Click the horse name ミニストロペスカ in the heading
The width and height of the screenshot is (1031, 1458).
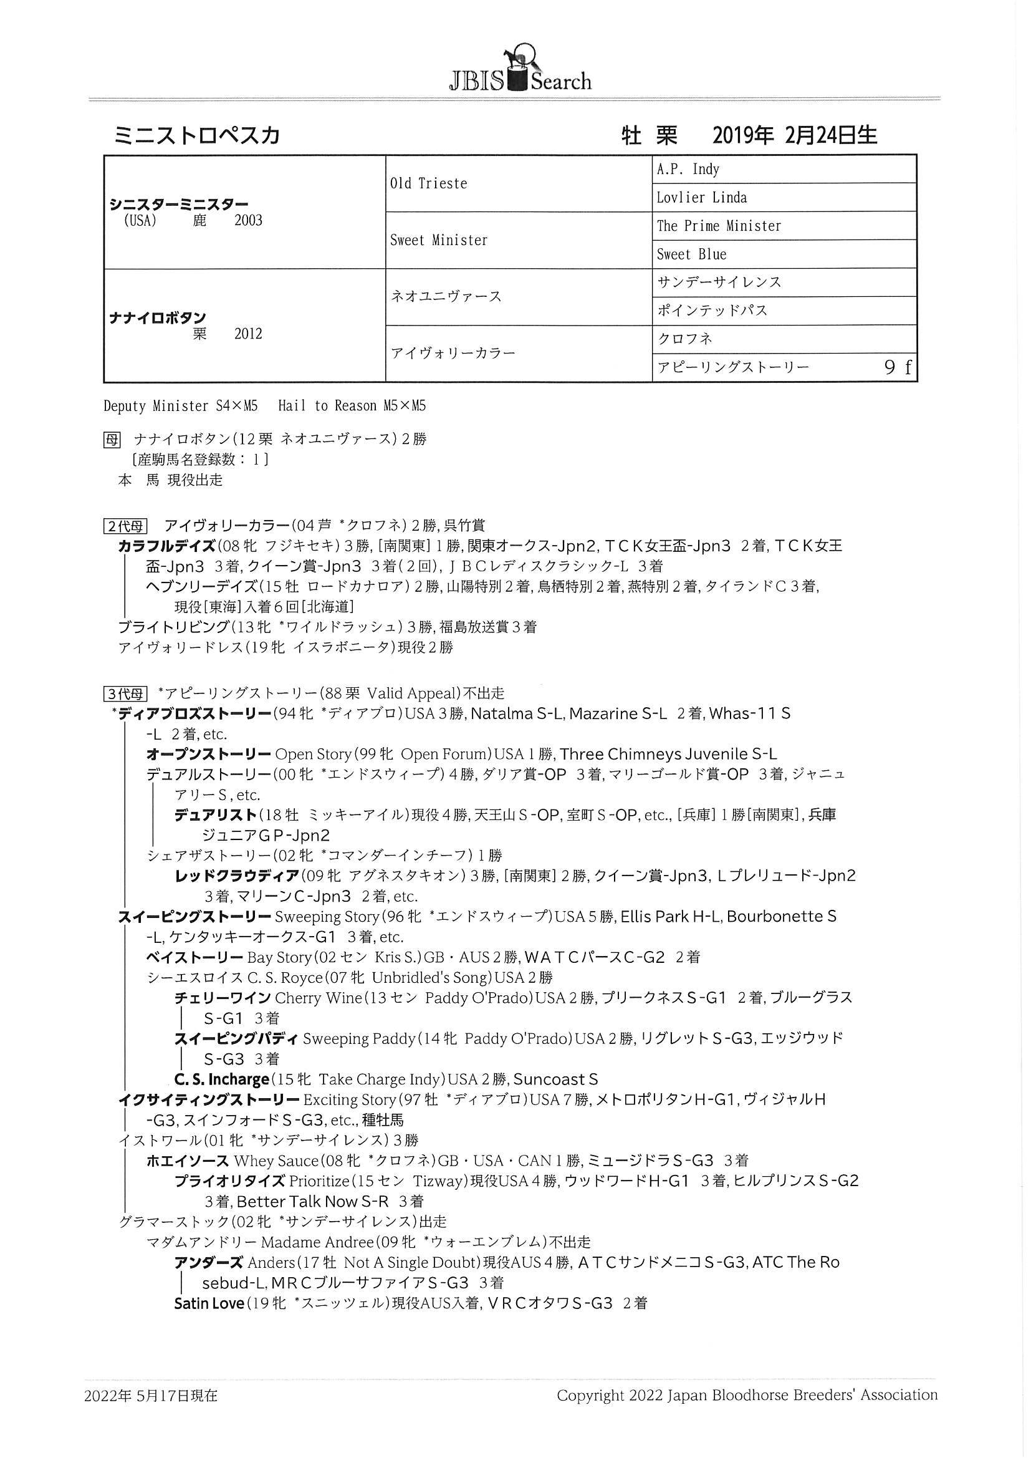[x=197, y=135]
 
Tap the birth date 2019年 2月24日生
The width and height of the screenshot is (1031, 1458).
[x=794, y=135]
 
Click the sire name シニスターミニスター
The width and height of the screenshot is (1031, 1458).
[x=179, y=205]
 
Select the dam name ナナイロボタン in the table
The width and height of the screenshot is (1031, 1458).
[x=158, y=317]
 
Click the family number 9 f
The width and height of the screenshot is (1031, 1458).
[x=898, y=368]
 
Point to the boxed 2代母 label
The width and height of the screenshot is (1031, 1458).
[x=126, y=526]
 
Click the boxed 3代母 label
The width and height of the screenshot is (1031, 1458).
[x=126, y=693]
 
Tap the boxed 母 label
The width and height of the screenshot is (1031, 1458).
[x=112, y=440]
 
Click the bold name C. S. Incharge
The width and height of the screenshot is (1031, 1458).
[x=221, y=1079]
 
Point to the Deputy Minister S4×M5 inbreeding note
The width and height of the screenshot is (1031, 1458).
[x=180, y=407]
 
